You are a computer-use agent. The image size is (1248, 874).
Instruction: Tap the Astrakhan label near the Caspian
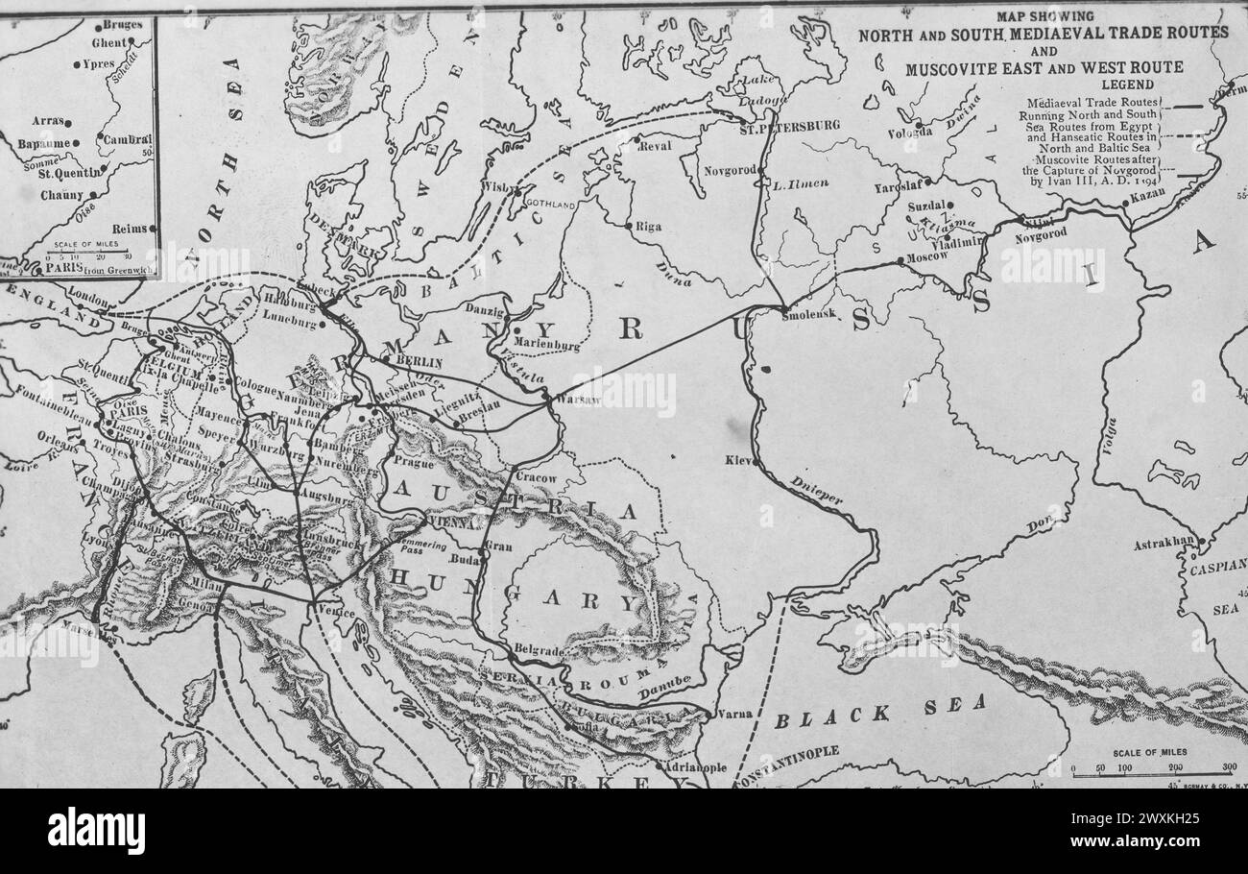click(1163, 544)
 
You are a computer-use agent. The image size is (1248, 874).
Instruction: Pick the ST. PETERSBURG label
click(789, 126)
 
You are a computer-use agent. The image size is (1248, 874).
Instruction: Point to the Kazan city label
click(1147, 194)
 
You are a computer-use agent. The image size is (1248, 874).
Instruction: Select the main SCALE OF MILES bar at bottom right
click(1152, 769)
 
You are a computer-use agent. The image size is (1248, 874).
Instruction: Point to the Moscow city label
click(927, 256)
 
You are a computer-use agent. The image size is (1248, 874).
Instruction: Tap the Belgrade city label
click(538, 650)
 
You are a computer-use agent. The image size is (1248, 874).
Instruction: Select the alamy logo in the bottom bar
click(96, 831)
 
